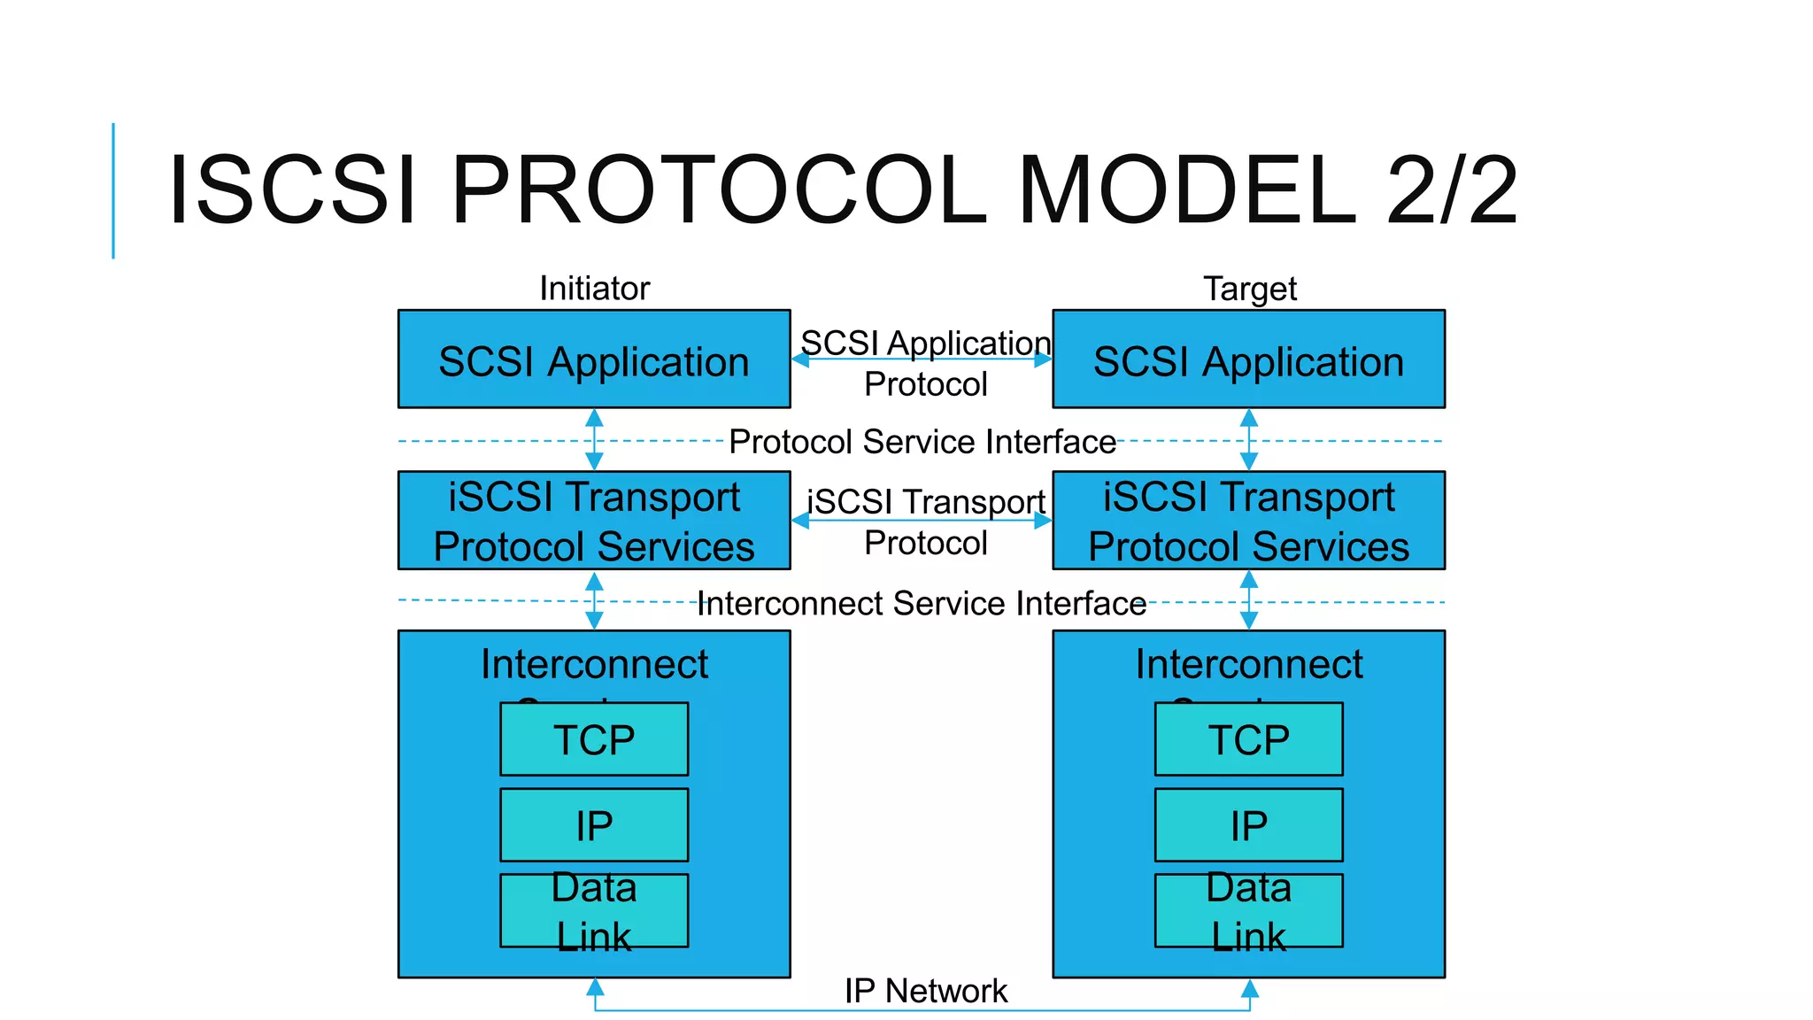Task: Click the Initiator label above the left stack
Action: coord(594,289)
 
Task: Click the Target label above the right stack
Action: coord(1249,289)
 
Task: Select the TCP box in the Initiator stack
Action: coord(594,739)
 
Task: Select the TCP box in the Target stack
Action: coord(1248,739)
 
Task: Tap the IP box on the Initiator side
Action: coord(594,825)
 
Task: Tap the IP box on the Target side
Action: coord(1248,825)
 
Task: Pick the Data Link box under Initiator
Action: coord(594,911)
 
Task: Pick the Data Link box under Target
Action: coord(1248,911)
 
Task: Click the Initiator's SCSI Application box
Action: coord(594,359)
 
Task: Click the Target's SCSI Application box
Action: coord(1248,359)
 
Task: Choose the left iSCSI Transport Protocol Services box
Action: coord(594,521)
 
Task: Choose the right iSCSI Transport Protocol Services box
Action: coord(1248,521)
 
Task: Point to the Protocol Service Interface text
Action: coord(922,441)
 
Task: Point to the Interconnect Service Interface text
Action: coord(922,603)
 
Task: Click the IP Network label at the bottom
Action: coord(925,990)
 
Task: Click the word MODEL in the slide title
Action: coord(1186,189)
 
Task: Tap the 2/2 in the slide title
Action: coord(1452,189)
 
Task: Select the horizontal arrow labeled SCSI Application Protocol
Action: coord(922,359)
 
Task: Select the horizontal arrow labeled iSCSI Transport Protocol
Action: coord(922,521)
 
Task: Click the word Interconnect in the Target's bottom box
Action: coord(1248,664)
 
